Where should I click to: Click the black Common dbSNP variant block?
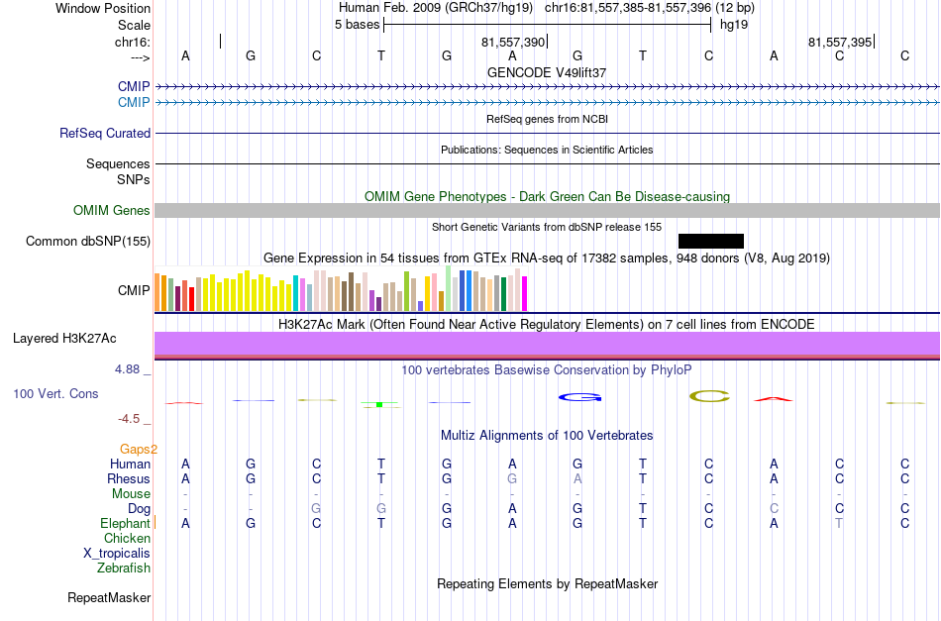[710, 242]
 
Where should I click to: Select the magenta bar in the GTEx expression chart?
[525, 293]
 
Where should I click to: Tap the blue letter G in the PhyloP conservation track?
[579, 397]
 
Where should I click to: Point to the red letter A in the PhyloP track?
[773, 399]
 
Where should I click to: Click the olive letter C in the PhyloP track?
[709, 396]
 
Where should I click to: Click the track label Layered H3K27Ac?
[64, 339]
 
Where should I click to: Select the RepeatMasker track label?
[109, 597]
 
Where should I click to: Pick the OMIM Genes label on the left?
[112, 211]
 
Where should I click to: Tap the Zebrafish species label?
[124, 568]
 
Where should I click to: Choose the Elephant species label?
[125, 523]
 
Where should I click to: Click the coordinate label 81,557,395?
[840, 42]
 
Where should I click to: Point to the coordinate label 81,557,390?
[512, 42]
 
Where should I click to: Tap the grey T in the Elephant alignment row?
[839, 523]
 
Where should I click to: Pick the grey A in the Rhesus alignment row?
[577, 478]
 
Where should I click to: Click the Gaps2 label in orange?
[139, 450]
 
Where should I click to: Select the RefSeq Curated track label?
[105, 133]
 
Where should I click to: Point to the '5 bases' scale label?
[357, 25]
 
